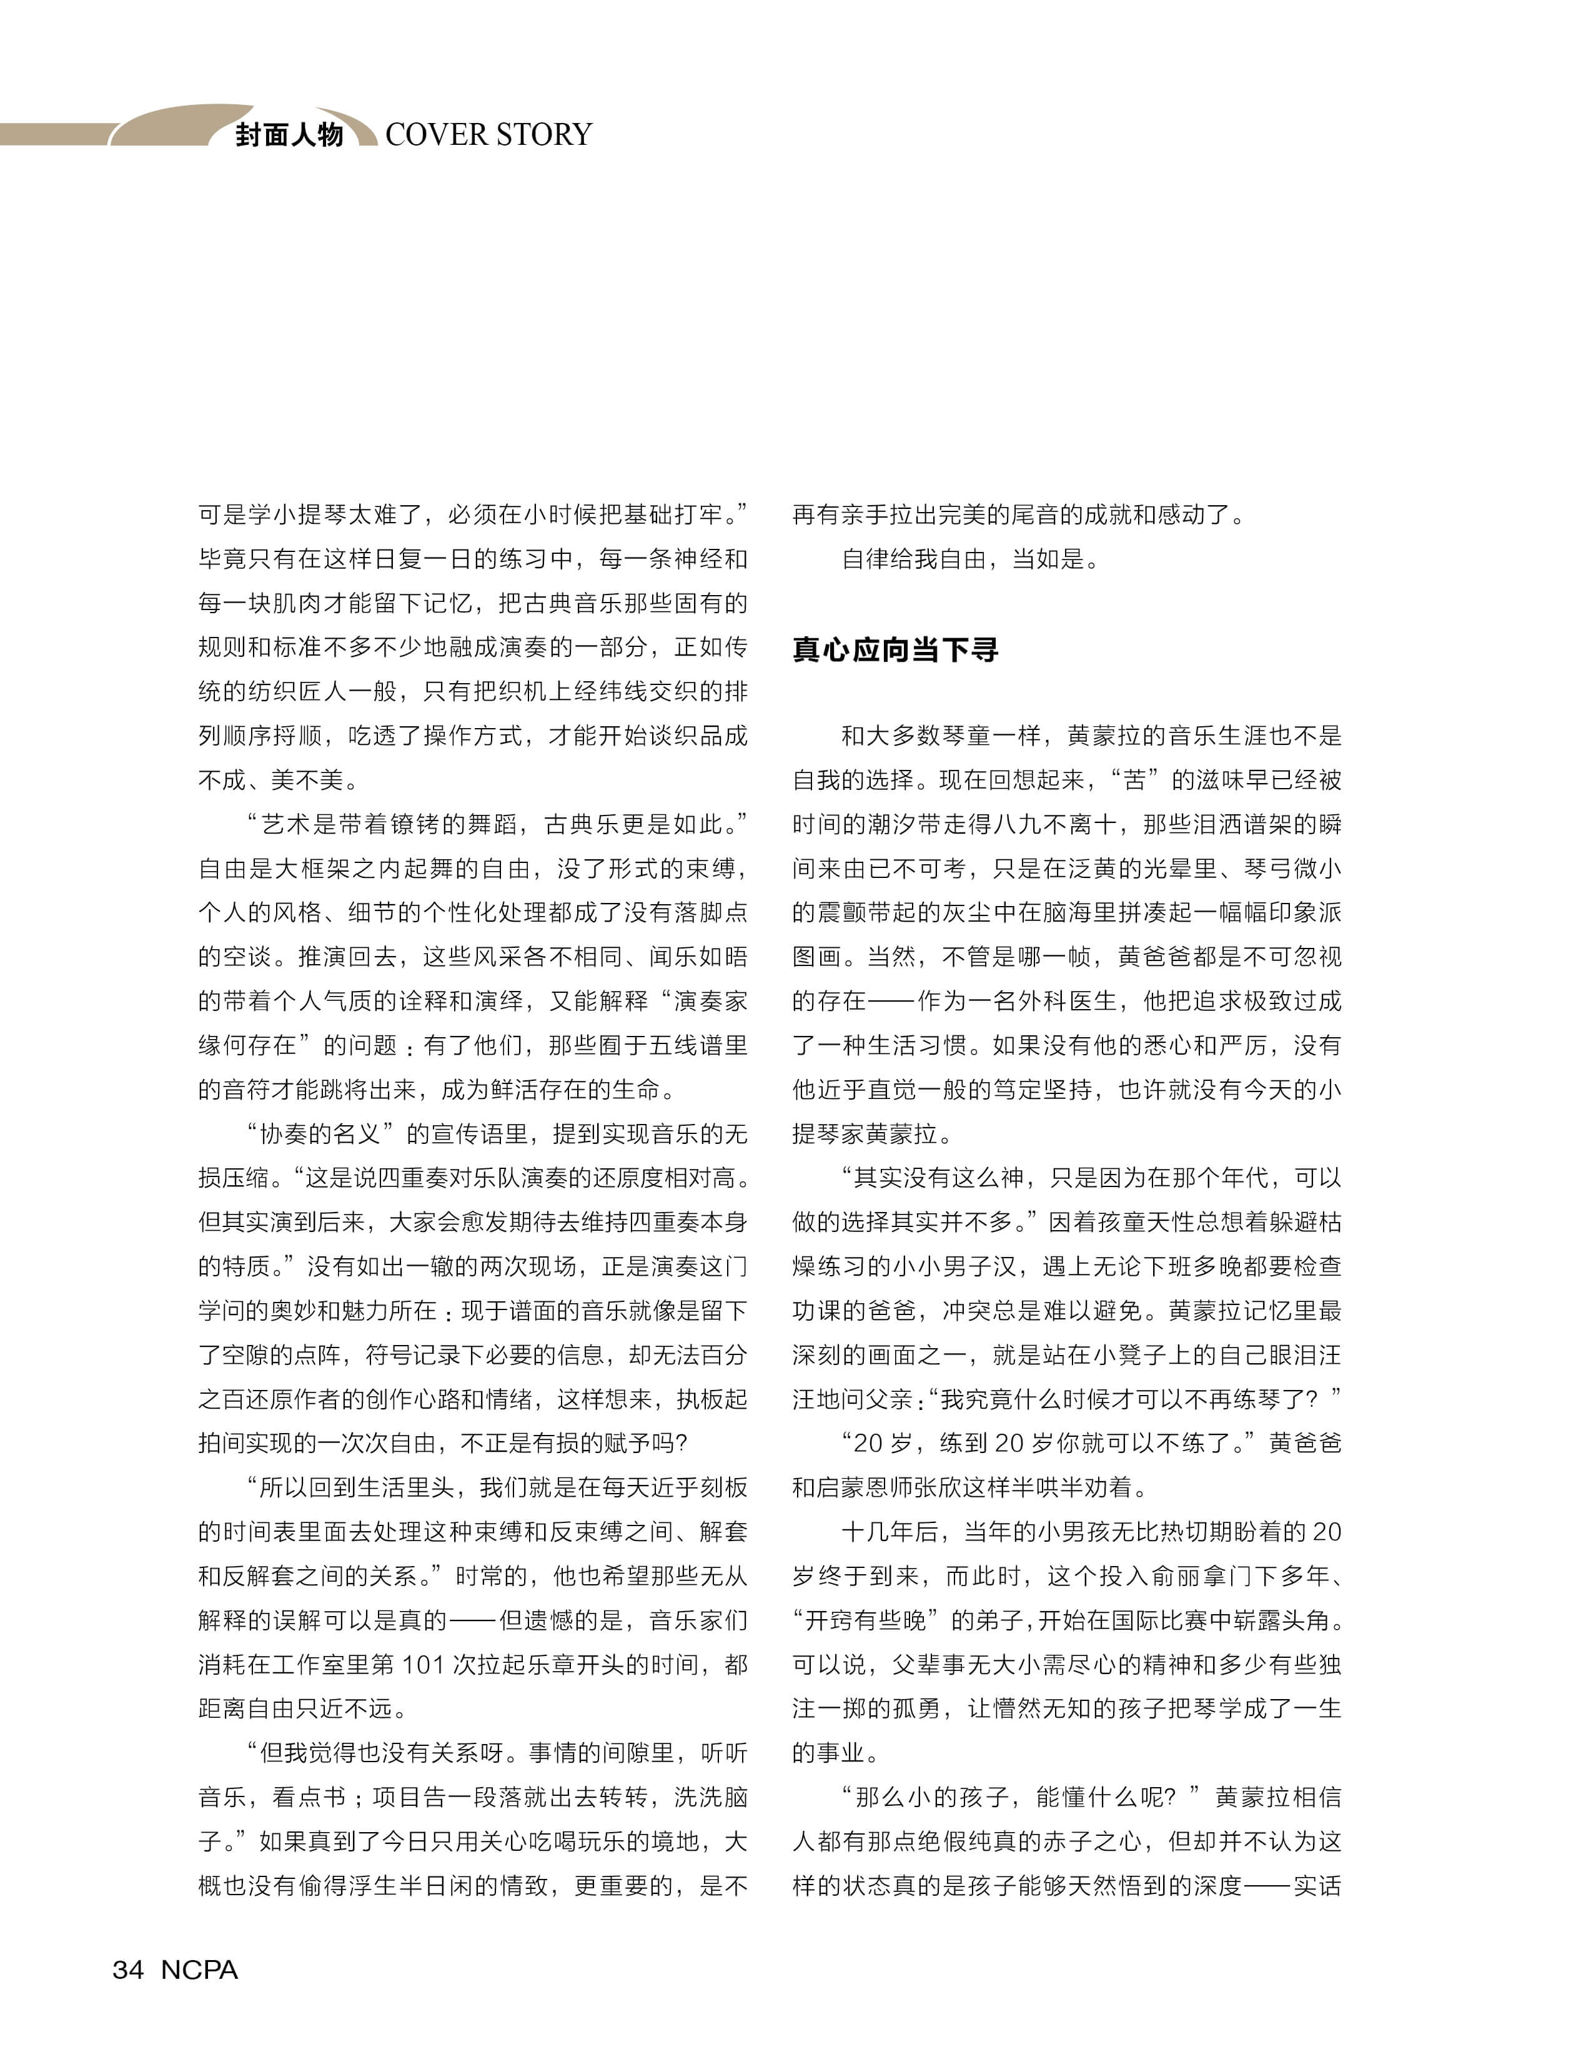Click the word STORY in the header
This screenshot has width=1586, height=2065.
click(544, 135)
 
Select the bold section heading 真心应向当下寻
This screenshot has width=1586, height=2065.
click(895, 649)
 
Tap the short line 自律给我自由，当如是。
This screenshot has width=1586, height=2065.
click(971, 559)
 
